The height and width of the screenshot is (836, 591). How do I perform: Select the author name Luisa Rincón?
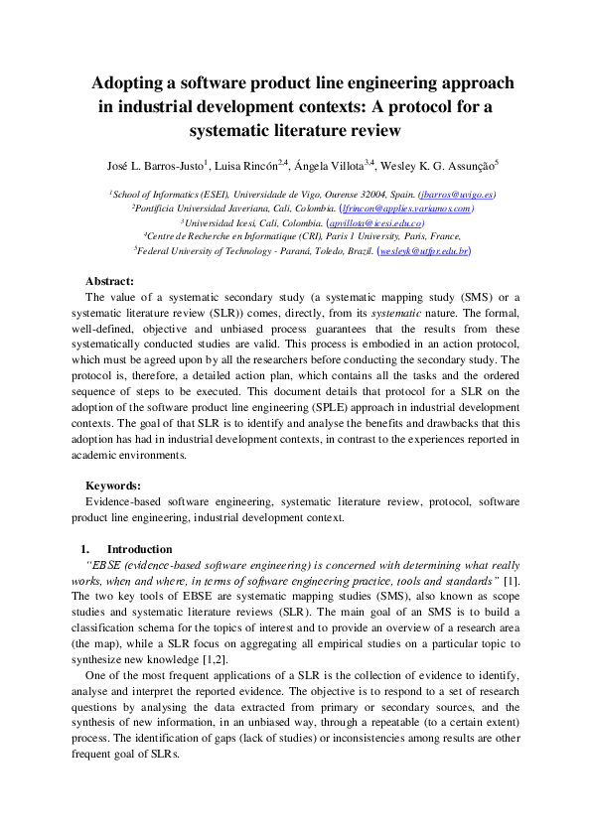click(x=248, y=165)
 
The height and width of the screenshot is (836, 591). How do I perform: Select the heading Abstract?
click(x=110, y=281)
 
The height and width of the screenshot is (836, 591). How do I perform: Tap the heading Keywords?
click(x=113, y=486)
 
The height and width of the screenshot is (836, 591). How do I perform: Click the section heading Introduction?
click(x=139, y=548)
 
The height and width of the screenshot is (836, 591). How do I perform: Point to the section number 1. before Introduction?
click(x=85, y=548)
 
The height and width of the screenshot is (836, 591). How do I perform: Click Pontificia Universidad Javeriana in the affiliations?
click(x=198, y=209)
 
